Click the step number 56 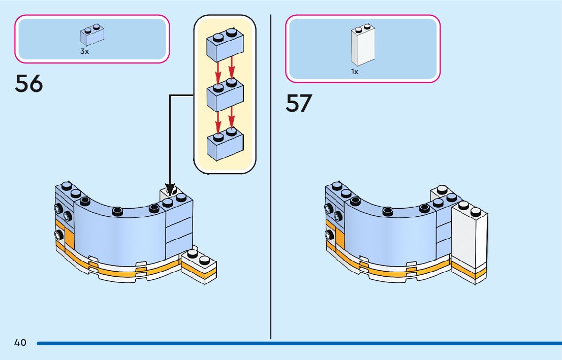click(29, 84)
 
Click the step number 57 click(299, 103)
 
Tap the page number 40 click(20, 343)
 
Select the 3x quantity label click(84, 51)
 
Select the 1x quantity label click(355, 72)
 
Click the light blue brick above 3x click(92, 35)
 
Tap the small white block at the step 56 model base click(200, 265)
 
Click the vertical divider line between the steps click(271, 178)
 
